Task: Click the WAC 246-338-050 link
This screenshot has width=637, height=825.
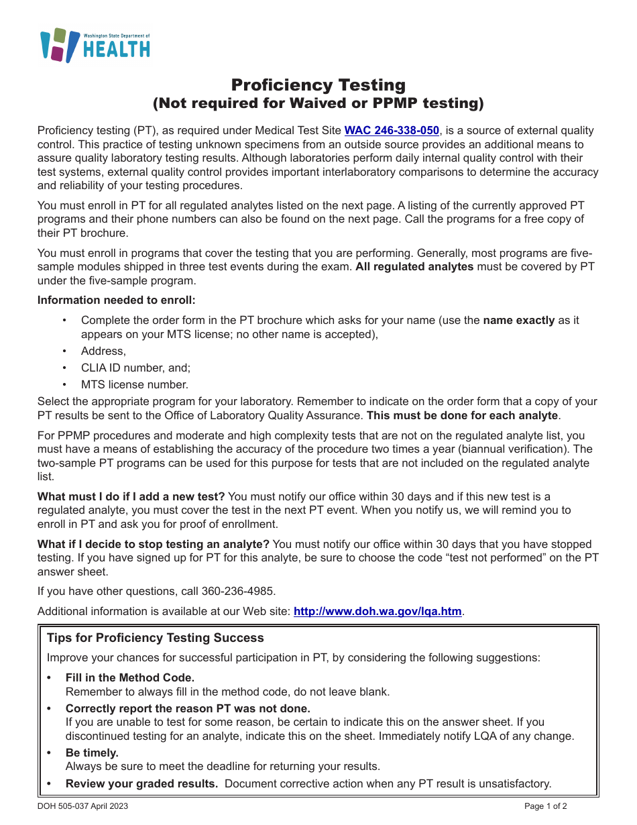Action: tap(392, 131)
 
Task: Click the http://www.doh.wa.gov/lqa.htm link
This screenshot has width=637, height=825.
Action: tap(378, 611)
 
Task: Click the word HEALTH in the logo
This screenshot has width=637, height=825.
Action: tap(117, 49)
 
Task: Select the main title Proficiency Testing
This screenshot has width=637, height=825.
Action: tap(318, 85)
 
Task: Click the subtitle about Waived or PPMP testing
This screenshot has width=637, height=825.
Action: tap(318, 103)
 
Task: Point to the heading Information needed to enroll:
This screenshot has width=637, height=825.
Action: tap(117, 300)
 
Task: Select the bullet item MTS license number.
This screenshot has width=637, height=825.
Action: tap(134, 384)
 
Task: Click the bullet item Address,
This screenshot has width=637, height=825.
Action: tap(103, 351)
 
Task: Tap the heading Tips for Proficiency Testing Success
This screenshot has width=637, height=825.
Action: tap(156, 638)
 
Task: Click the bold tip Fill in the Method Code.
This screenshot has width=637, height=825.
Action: tap(130, 677)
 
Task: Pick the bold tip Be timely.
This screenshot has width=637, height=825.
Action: tap(92, 753)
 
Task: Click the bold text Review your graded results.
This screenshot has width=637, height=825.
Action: tap(141, 783)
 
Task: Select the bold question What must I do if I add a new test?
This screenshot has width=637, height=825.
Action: tap(131, 496)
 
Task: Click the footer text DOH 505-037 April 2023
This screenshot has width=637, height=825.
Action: tap(83, 806)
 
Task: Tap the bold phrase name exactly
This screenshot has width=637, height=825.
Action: tap(518, 320)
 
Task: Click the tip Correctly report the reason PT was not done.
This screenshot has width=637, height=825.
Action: tap(188, 708)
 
